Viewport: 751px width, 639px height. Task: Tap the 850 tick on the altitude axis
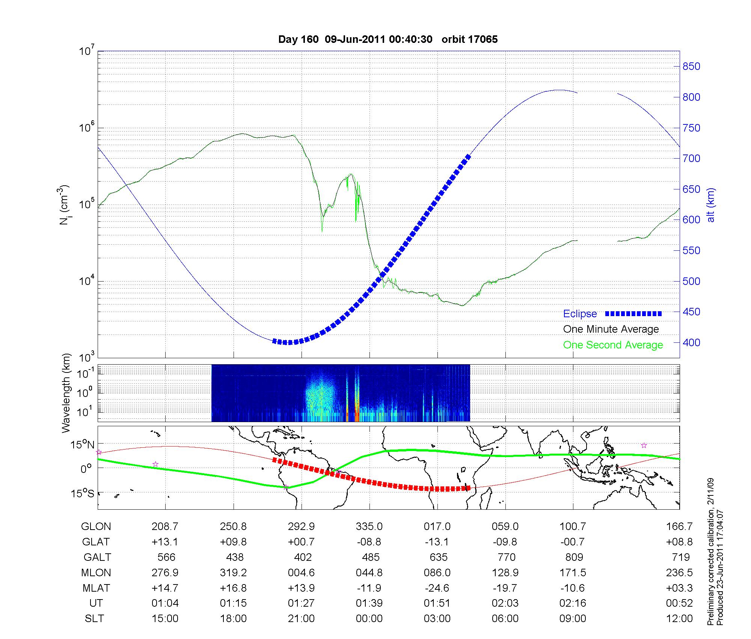point(691,67)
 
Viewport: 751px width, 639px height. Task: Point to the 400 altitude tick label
point(691,342)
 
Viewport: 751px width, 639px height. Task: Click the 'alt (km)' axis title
point(710,205)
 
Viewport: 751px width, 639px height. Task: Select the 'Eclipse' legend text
point(580,314)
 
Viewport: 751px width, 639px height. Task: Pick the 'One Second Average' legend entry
point(613,345)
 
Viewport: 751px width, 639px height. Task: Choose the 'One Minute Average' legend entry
point(611,329)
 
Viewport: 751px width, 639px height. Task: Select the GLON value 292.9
point(301,526)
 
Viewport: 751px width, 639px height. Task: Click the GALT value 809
point(574,557)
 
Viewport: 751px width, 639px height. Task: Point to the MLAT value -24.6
point(437,588)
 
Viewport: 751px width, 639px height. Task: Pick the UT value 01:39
point(369,603)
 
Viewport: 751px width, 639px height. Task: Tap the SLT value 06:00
point(505,619)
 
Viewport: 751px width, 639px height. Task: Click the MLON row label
point(96,572)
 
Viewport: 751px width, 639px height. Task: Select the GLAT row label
point(96,542)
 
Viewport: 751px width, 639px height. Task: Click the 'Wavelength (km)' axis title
point(66,393)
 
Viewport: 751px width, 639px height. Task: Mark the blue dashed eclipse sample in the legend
point(633,313)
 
